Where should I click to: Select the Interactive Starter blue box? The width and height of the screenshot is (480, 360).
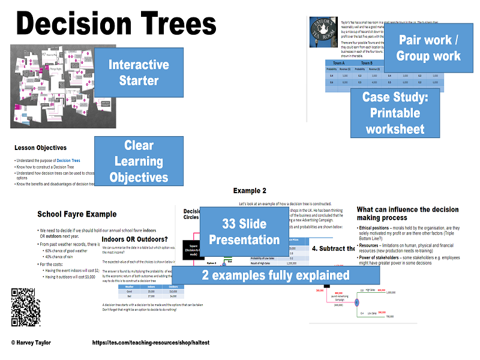pos(139,73)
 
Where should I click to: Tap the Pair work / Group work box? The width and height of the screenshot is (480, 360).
pos(428,48)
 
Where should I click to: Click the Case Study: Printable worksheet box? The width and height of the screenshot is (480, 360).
pos(395,113)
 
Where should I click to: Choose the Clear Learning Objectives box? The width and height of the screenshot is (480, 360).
pos(139,161)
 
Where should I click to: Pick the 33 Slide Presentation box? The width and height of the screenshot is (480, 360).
pos(243,232)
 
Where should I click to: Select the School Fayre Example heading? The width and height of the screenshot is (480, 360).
pos(77,214)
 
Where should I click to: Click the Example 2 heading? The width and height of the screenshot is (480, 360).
pos(250,191)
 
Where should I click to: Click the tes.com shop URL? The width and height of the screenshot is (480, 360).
pos(151,343)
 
